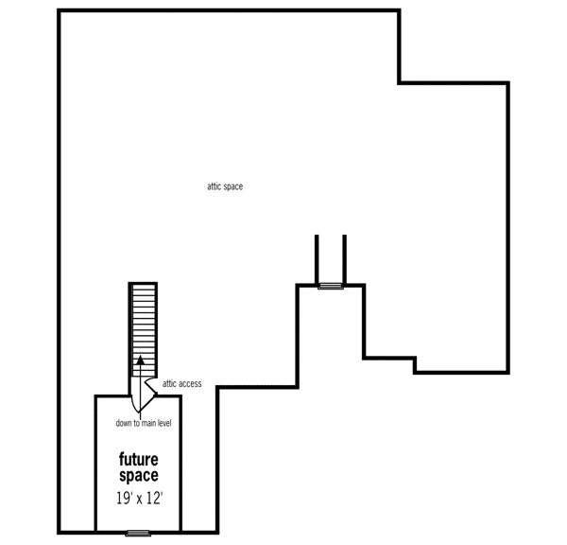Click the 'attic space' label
click(225, 186)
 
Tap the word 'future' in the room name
click(139, 460)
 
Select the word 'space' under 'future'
click(139, 475)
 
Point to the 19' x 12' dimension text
click(138, 497)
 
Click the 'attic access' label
click(181, 384)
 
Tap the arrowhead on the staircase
click(141, 360)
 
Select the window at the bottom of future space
click(138, 533)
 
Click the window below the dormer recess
click(331, 285)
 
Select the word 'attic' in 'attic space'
click(215, 186)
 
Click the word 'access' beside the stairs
click(189, 384)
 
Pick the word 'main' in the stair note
click(147, 423)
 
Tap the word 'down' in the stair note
click(124, 423)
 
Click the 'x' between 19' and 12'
click(138, 498)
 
